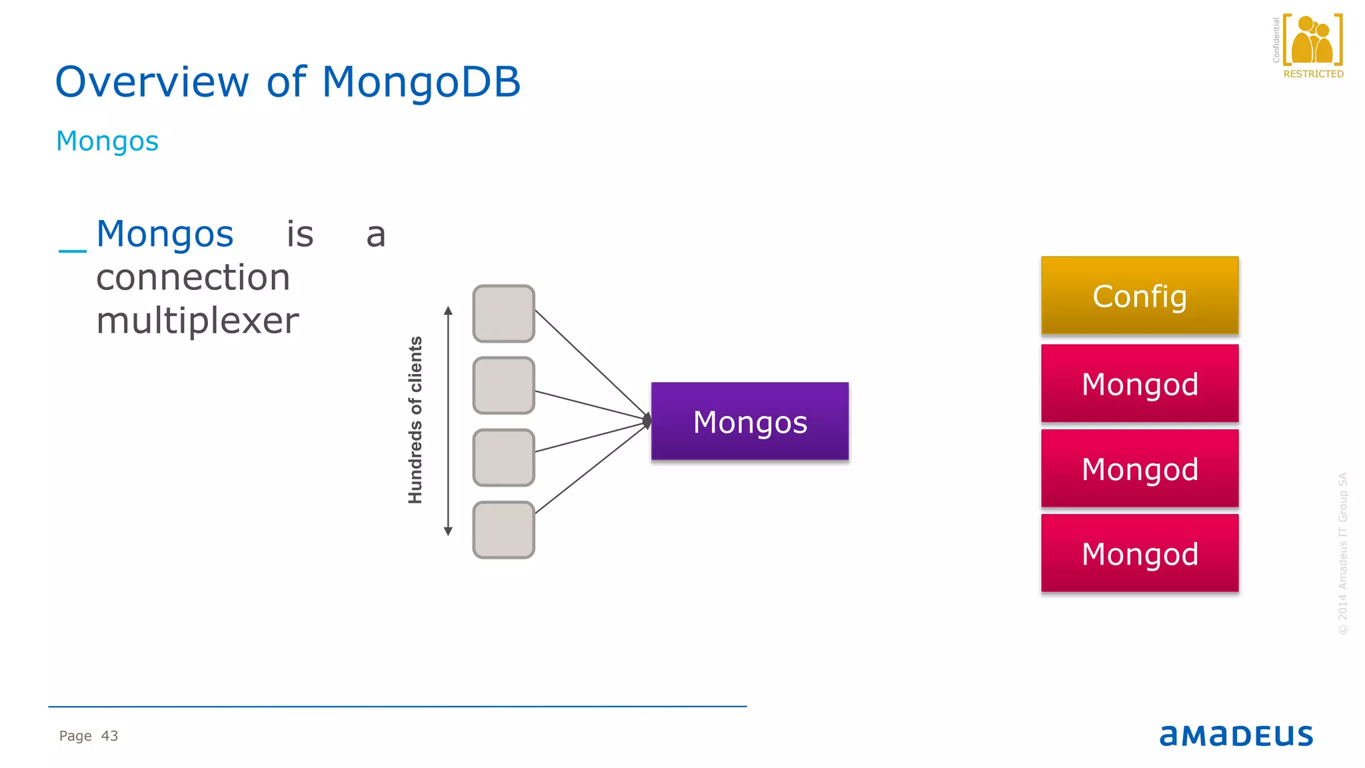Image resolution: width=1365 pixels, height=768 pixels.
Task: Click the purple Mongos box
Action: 750,421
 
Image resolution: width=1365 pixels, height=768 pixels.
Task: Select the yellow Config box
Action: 1140,296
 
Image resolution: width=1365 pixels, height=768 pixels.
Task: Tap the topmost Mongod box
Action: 1140,384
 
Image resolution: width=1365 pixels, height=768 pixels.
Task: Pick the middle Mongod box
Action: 1140,469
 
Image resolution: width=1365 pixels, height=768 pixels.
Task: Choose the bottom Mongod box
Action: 1140,553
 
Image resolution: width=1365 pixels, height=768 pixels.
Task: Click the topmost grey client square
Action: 503,313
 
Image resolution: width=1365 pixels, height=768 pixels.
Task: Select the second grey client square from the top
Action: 503,385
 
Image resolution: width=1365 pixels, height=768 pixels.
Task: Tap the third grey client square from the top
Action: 503,457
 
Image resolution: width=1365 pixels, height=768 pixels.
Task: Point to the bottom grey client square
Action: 503,529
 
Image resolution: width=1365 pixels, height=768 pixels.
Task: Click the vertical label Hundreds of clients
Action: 415,420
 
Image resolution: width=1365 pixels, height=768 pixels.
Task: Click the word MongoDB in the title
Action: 421,82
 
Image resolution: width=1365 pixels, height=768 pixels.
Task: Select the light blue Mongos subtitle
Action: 107,141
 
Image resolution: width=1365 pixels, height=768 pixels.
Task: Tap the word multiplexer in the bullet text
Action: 197,321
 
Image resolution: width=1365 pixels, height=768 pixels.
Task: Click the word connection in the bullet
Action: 193,277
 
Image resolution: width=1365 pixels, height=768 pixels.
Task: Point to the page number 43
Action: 109,736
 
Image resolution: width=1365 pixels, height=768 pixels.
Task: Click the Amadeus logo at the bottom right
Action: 1236,735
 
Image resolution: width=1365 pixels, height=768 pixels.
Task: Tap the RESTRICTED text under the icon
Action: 1313,74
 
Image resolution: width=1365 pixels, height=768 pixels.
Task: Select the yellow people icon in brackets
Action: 1312,40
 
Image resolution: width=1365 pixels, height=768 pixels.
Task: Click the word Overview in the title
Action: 152,82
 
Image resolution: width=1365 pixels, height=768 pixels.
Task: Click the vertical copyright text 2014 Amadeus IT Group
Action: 1342,553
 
